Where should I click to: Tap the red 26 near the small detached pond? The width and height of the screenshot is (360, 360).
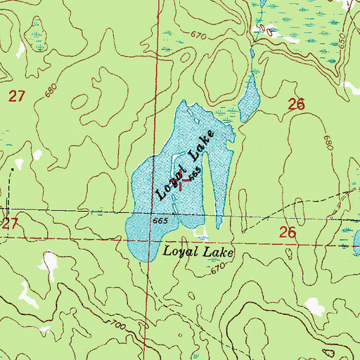(296, 104)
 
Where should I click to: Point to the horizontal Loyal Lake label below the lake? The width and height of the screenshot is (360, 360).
(197, 250)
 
